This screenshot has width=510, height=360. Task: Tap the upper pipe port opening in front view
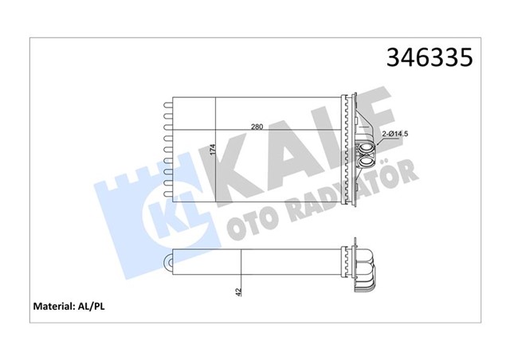point(367,147)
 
